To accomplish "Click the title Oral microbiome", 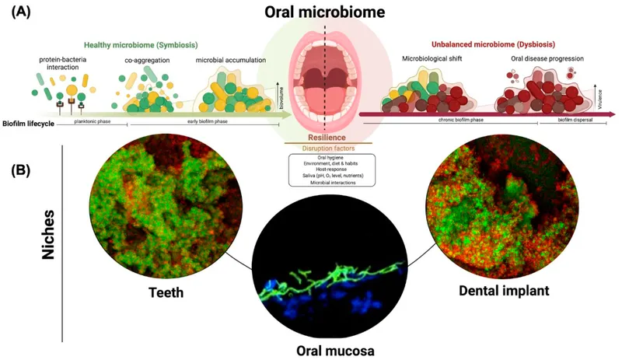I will click(x=326, y=14).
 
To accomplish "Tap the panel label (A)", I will click(x=22, y=14).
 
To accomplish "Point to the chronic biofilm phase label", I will click(x=459, y=122).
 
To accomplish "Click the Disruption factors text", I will click(x=325, y=148).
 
